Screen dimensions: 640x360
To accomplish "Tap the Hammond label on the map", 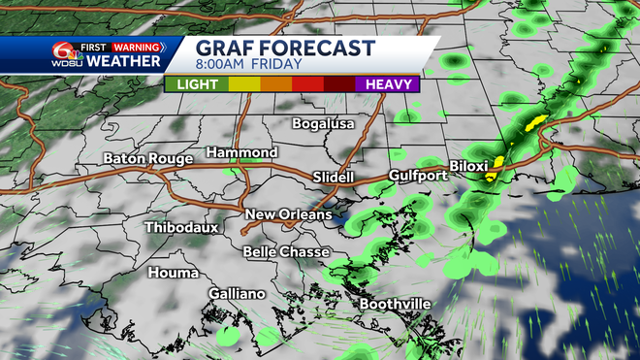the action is coord(242,152).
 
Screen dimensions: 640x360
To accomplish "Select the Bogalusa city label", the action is coord(324,123).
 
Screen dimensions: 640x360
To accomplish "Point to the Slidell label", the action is coord(335,177).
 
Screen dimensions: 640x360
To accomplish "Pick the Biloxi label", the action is coord(469,165).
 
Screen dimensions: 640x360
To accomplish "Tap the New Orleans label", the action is coord(288,213).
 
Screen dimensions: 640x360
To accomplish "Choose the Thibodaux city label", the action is coord(181,227).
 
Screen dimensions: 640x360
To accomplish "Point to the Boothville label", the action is coord(395,304).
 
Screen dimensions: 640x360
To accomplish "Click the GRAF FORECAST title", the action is coord(284,49).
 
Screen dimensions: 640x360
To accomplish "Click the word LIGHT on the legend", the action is coord(197,84).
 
